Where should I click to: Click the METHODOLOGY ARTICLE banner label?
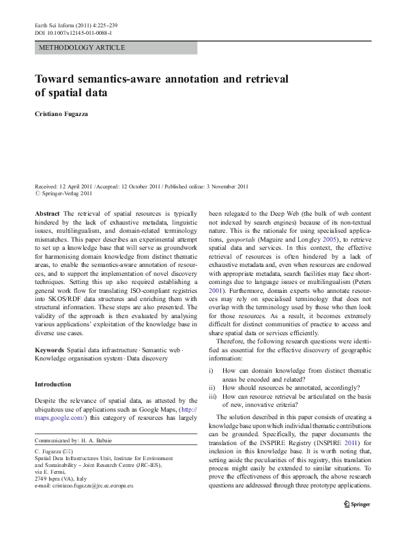coord(82,48)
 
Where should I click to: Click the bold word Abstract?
coord(47,214)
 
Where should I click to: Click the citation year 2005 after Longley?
coord(329,241)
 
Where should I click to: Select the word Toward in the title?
coord(56,79)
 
